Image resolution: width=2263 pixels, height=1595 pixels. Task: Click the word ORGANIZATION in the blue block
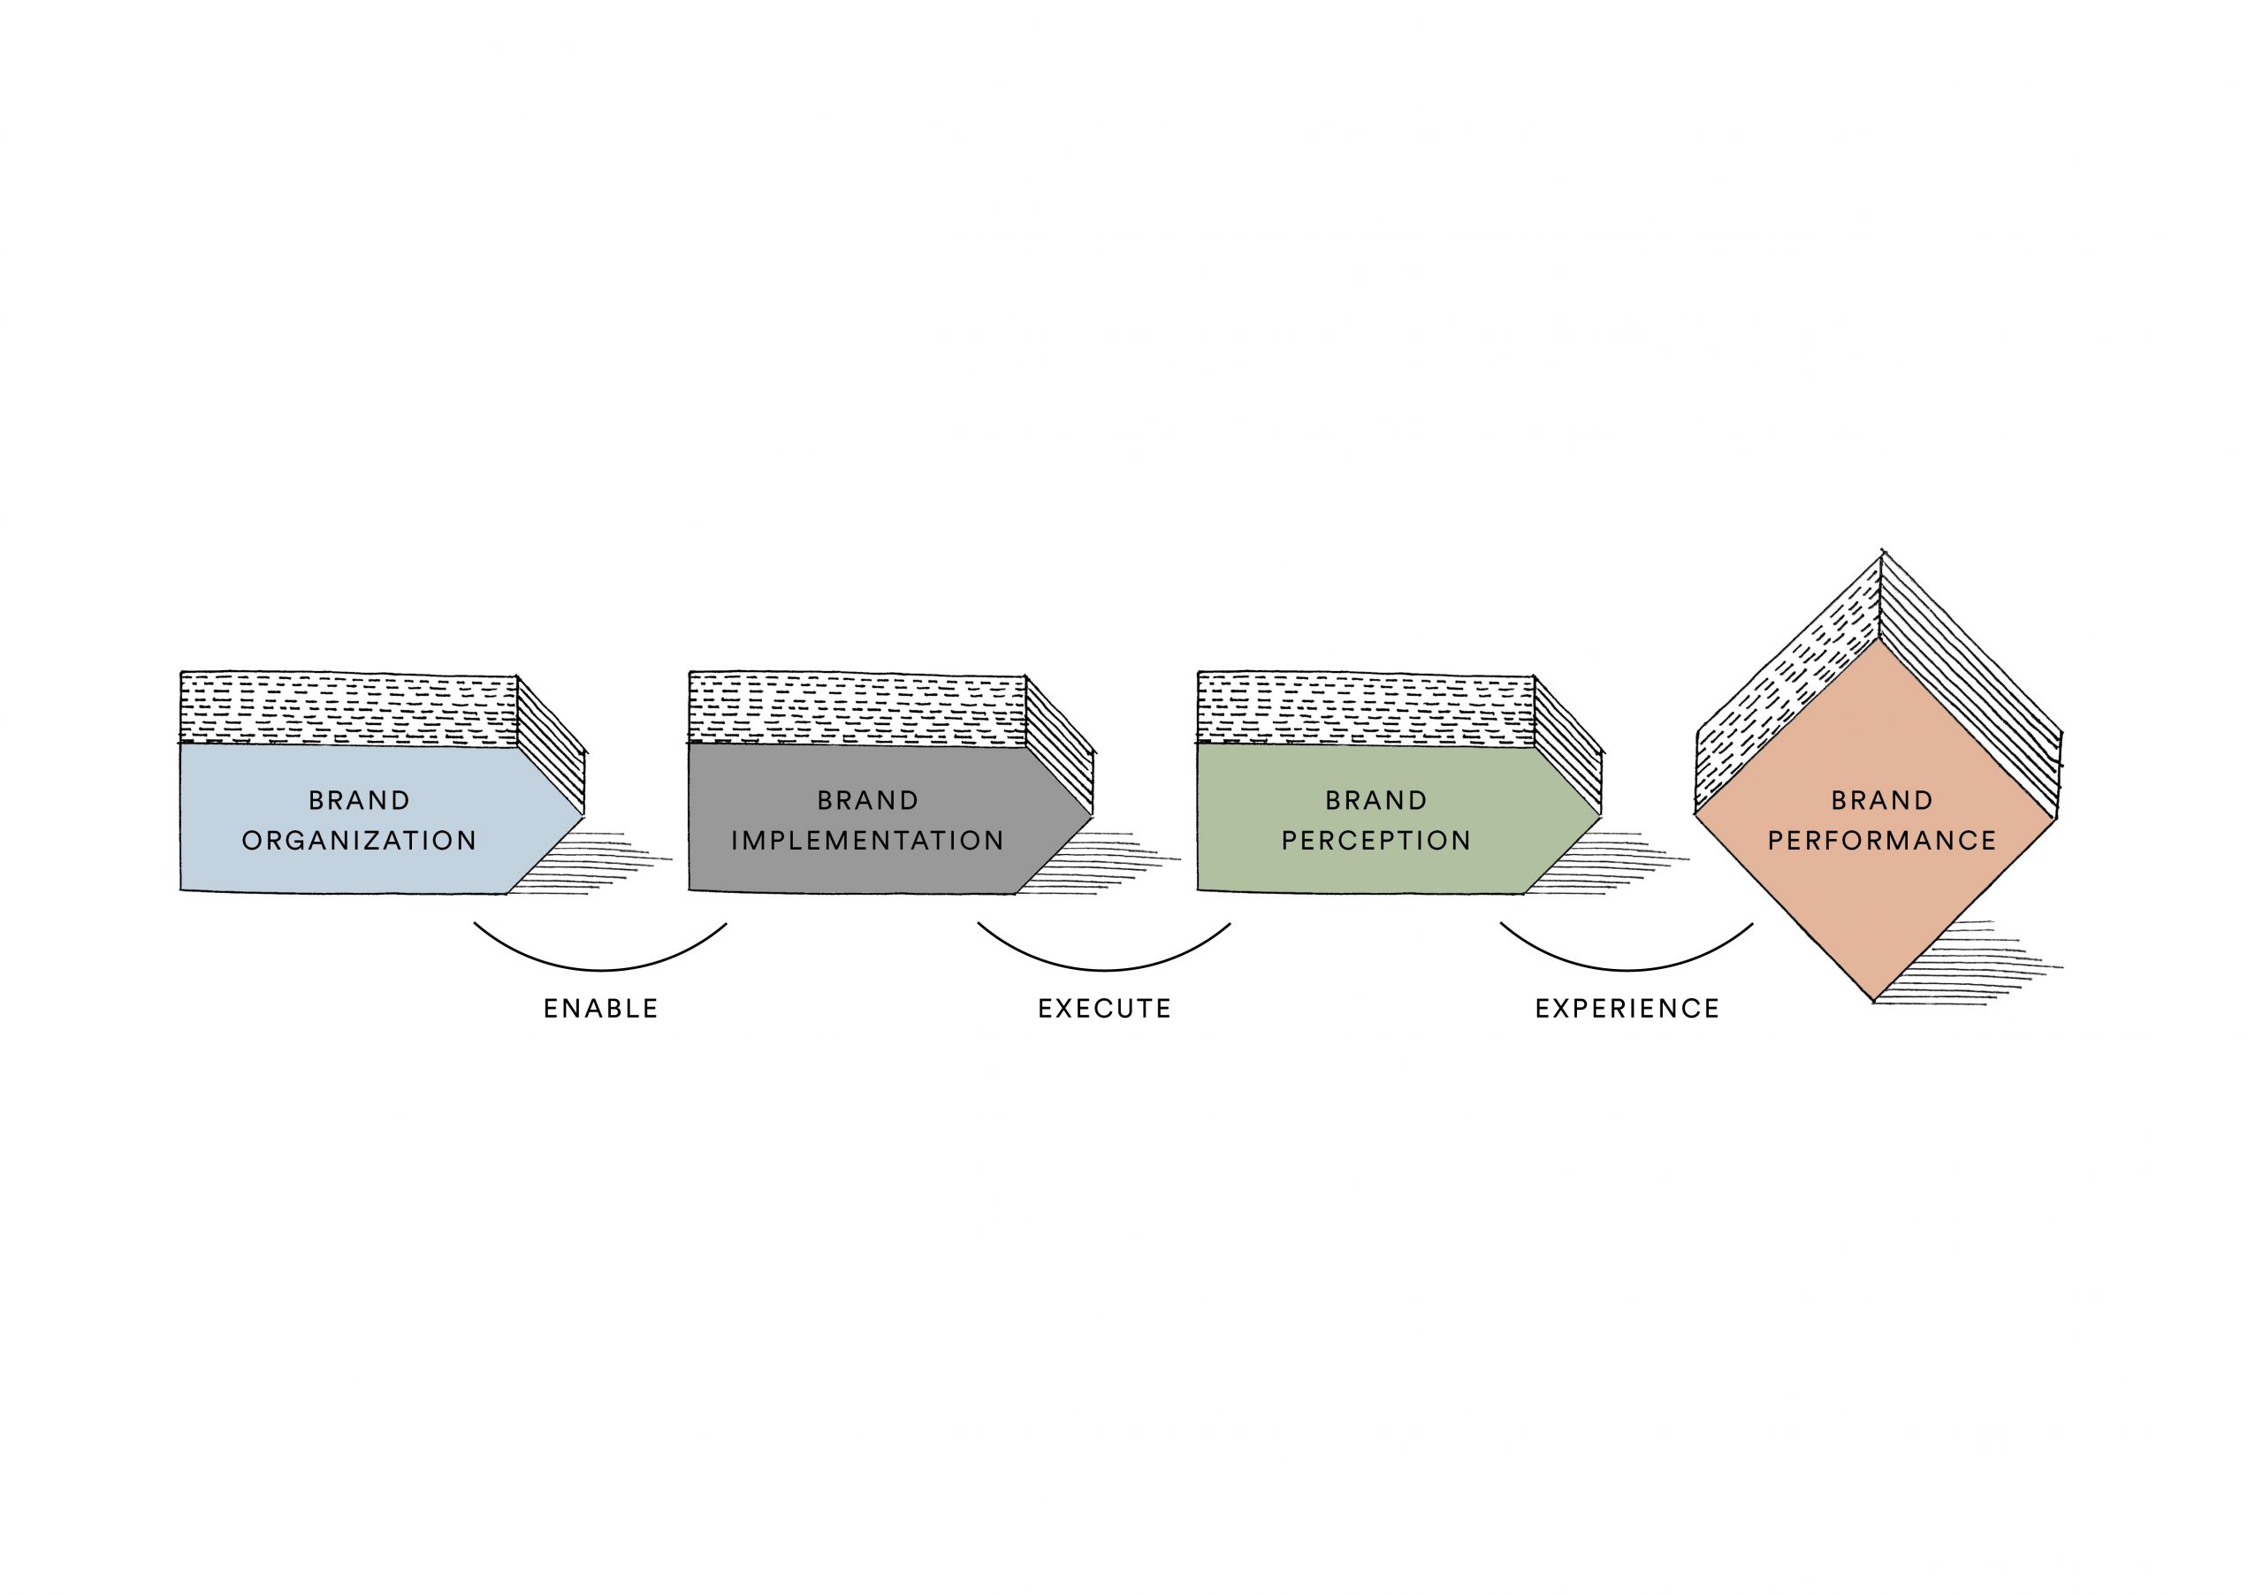pos(359,841)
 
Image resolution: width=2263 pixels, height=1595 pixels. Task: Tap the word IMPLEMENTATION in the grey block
pos(867,841)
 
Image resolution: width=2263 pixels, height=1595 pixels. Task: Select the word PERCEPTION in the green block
pos(1376,841)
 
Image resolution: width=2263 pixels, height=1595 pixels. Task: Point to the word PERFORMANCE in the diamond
pos(1882,841)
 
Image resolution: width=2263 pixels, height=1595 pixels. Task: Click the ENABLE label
pos(600,1009)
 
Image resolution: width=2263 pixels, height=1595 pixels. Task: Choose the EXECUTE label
pos(1104,1009)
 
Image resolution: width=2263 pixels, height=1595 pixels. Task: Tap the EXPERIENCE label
pos(1627,1009)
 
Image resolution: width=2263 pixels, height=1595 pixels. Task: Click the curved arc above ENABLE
pos(600,968)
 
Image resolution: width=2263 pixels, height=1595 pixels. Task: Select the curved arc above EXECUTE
pos(1104,968)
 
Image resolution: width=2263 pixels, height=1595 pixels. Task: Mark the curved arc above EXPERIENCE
pos(1627,968)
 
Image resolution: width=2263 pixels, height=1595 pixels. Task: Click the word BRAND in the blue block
pos(359,800)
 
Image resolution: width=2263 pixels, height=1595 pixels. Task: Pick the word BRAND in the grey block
pos(867,800)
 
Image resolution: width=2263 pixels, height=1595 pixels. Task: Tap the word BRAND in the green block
pos(1376,800)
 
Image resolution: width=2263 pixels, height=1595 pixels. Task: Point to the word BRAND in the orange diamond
pos(1882,800)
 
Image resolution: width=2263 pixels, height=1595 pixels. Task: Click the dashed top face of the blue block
pos(349,709)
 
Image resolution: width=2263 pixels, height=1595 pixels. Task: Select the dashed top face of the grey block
pos(857,709)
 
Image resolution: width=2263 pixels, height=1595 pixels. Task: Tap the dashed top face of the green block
pos(1366,709)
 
